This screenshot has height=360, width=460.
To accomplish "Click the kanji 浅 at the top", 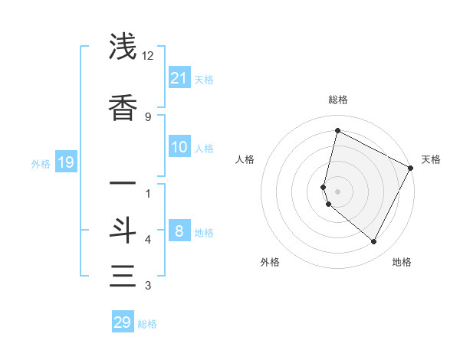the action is (x=123, y=47).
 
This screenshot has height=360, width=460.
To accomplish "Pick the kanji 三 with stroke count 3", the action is (x=123, y=275).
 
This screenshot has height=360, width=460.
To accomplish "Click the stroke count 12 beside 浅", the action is (x=148, y=56).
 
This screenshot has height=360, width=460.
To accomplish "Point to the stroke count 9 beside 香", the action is (x=148, y=116).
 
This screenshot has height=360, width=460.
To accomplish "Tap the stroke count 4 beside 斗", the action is (x=148, y=240).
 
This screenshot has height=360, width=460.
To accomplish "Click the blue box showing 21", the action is (x=179, y=78).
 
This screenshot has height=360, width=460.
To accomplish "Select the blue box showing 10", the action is (x=179, y=147).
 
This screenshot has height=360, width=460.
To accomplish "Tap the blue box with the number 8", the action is (x=179, y=231).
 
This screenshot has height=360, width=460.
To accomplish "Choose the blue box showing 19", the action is (x=66, y=162).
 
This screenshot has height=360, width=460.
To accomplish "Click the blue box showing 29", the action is (x=123, y=322).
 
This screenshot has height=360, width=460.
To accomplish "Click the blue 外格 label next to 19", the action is (x=41, y=163).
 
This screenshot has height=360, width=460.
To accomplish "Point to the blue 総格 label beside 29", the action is (x=147, y=324).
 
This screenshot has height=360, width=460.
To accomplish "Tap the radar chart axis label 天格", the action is (x=431, y=159).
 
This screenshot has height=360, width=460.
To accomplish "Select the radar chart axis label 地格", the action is (x=402, y=262).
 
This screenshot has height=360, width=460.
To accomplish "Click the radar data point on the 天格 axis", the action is (x=411, y=168).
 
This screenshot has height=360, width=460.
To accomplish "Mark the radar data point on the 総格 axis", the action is (x=337, y=130).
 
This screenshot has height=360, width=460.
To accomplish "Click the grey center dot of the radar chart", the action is (x=337, y=191).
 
